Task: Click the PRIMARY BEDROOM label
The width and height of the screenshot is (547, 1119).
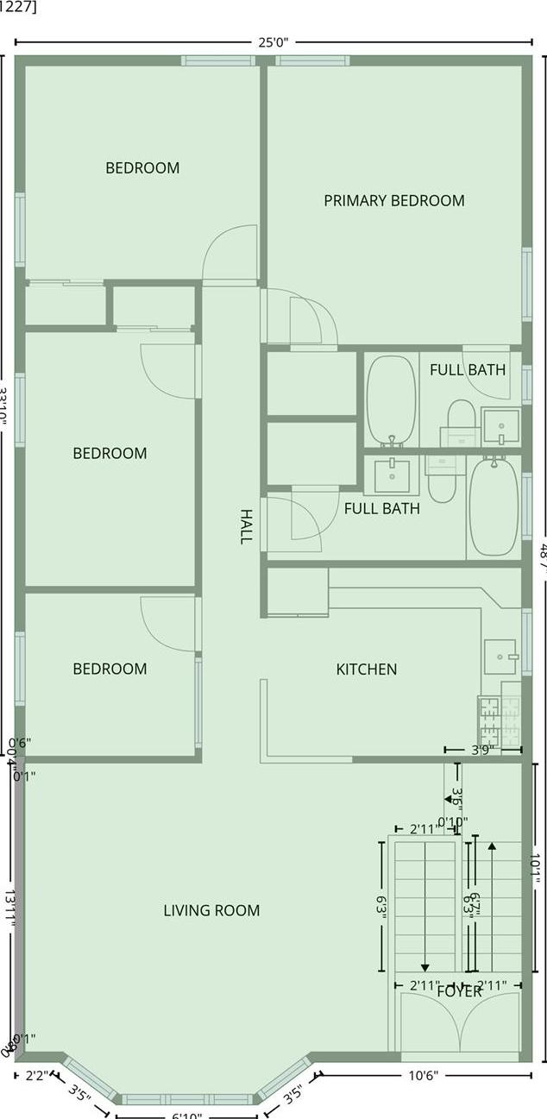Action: point(393,201)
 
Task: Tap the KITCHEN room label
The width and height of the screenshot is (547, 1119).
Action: point(366,669)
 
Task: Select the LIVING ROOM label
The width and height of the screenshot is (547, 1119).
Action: point(211,910)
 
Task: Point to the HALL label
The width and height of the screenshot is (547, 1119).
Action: point(247,525)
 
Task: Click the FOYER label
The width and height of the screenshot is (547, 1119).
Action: point(459,991)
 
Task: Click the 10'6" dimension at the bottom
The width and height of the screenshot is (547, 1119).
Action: point(423,1075)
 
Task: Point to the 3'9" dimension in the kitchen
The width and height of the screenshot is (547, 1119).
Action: point(482,750)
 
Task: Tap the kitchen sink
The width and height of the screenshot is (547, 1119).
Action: point(500,657)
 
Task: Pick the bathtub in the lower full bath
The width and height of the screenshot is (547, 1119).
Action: point(493,508)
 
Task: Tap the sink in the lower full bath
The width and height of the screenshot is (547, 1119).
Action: point(396,474)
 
